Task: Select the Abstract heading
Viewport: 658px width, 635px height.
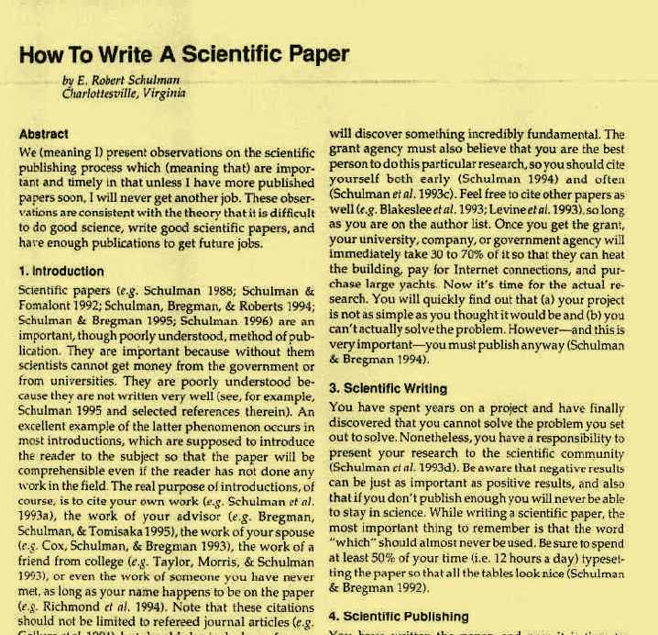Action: [x=42, y=133]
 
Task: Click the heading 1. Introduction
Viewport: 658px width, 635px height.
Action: [x=61, y=272]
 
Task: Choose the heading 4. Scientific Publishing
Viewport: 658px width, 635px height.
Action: [x=399, y=617]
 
